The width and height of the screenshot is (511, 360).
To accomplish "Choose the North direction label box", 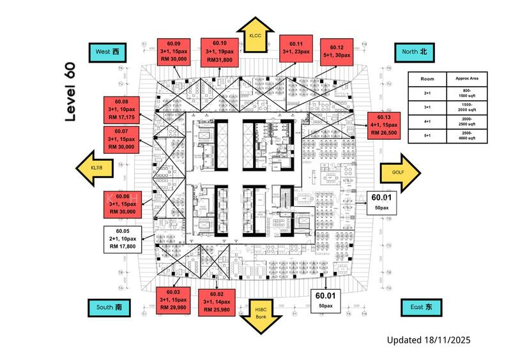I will pyautogui.click(x=414, y=50).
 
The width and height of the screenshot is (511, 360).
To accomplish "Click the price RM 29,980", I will pyautogui.click(x=174, y=308).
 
